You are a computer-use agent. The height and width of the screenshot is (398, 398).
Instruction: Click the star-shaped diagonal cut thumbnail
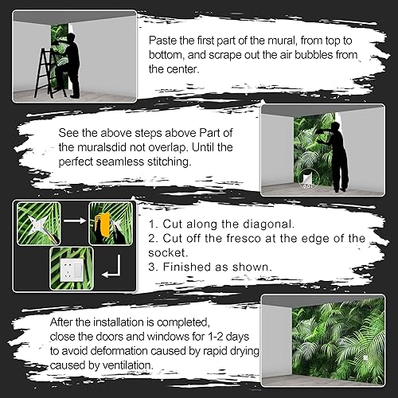34,224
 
